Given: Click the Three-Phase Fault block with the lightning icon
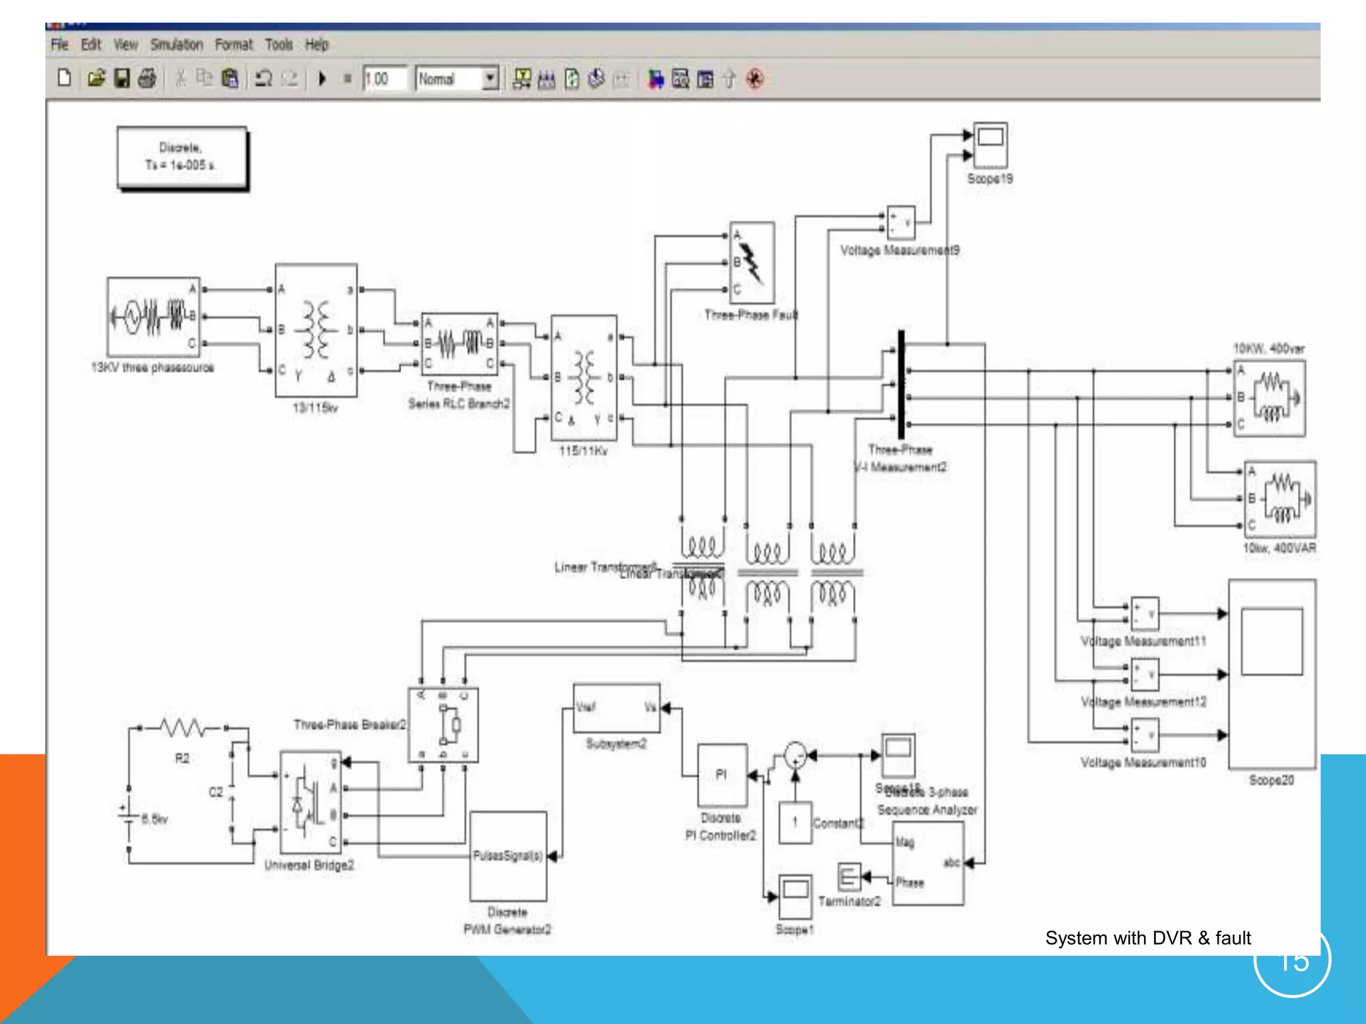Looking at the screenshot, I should click(x=752, y=263).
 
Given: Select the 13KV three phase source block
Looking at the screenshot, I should click(x=153, y=317).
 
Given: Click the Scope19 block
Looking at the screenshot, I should click(x=990, y=145).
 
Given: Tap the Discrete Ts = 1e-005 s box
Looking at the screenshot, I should click(x=181, y=157).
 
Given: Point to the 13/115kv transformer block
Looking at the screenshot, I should click(x=316, y=330).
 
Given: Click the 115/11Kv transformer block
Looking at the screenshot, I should click(x=584, y=377).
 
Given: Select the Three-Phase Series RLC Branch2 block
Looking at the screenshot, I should click(x=460, y=343).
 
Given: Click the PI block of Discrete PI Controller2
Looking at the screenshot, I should click(x=722, y=775).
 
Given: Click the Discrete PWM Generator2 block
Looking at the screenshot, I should click(x=508, y=856).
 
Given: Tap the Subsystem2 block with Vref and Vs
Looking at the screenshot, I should click(x=616, y=708).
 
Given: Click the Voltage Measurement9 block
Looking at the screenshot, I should click(x=900, y=223).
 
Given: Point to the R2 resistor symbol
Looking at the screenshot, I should click(x=182, y=728).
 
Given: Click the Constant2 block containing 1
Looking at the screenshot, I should click(x=795, y=823).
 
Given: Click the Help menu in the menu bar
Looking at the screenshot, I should click(x=317, y=45).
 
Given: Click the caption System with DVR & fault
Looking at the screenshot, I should click(x=1147, y=938).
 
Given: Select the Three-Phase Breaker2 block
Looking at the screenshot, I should click(x=443, y=725).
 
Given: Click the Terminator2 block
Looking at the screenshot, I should click(x=848, y=877).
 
